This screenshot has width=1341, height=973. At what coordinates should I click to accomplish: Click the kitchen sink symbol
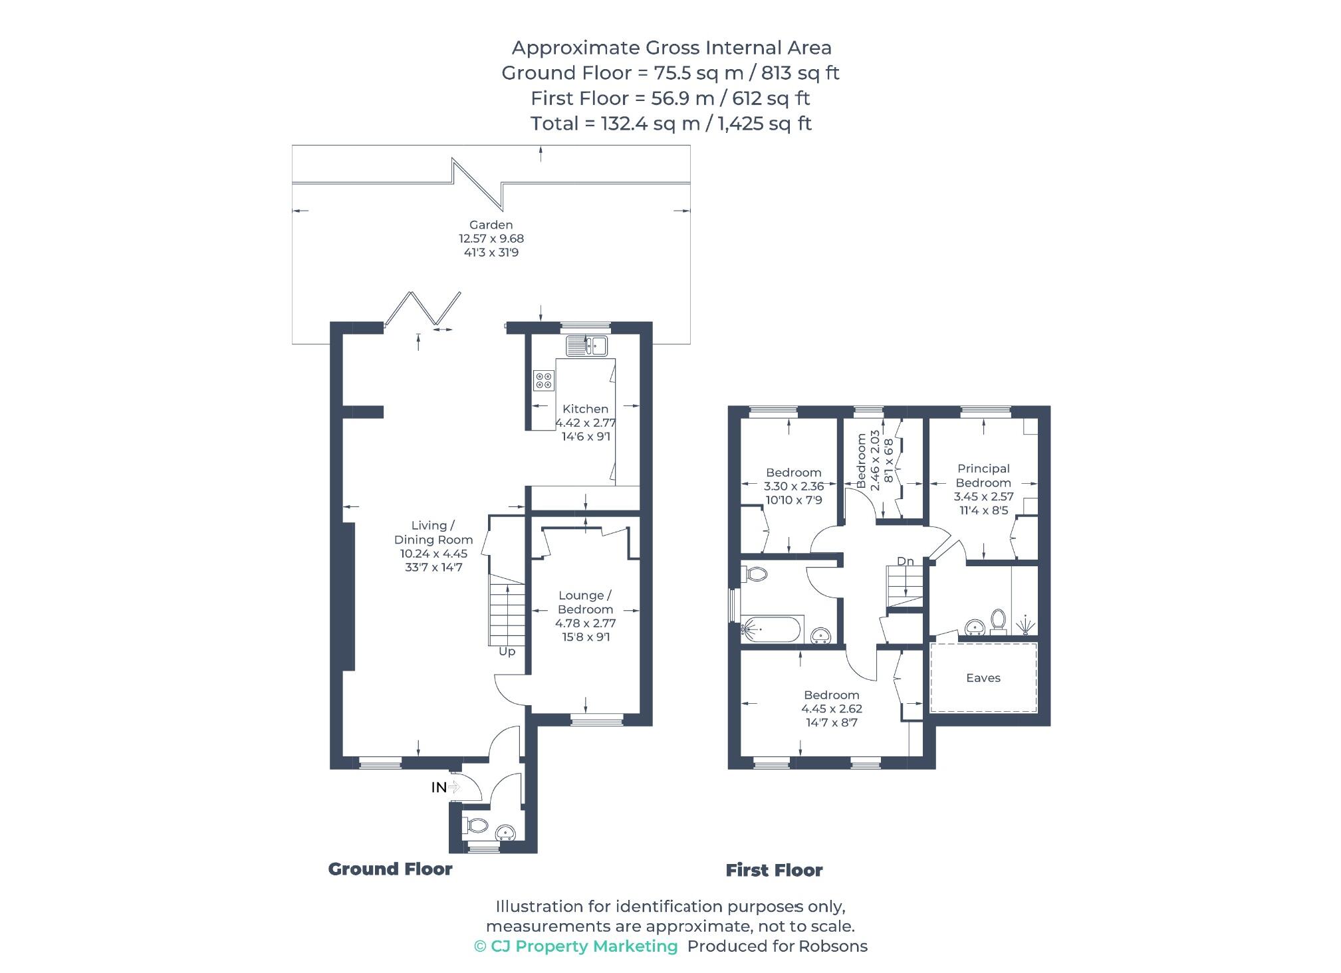click(586, 346)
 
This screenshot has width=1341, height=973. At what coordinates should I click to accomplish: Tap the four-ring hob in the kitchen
click(544, 380)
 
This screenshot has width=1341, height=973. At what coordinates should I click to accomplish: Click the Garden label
click(491, 225)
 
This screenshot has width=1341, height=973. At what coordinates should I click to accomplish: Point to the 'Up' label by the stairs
click(507, 651)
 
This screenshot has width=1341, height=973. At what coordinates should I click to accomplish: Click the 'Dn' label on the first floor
click(905, 562)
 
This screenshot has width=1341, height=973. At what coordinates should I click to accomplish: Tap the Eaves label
click(983, 678)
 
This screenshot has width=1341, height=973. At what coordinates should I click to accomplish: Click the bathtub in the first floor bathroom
click(773, 629)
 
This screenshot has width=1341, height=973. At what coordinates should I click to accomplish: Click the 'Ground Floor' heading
click(390, 869)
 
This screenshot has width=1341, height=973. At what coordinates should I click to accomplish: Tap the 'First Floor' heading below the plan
click(774, 870)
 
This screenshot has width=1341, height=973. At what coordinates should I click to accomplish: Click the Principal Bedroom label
click(983, 476)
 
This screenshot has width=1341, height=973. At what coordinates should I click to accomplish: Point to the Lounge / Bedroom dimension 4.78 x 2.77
click(585, 623)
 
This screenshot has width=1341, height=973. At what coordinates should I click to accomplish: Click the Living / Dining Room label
click(433, 532)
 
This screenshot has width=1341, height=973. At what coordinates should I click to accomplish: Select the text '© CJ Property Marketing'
click(576, 946)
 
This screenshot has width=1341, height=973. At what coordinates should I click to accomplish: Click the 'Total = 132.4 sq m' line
click(670, 124)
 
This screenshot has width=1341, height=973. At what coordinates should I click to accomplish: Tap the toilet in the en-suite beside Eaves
click(998, 619)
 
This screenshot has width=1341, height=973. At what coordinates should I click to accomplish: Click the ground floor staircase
click(507, 609)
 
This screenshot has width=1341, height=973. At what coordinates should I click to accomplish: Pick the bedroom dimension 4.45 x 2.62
click(831, 708)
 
